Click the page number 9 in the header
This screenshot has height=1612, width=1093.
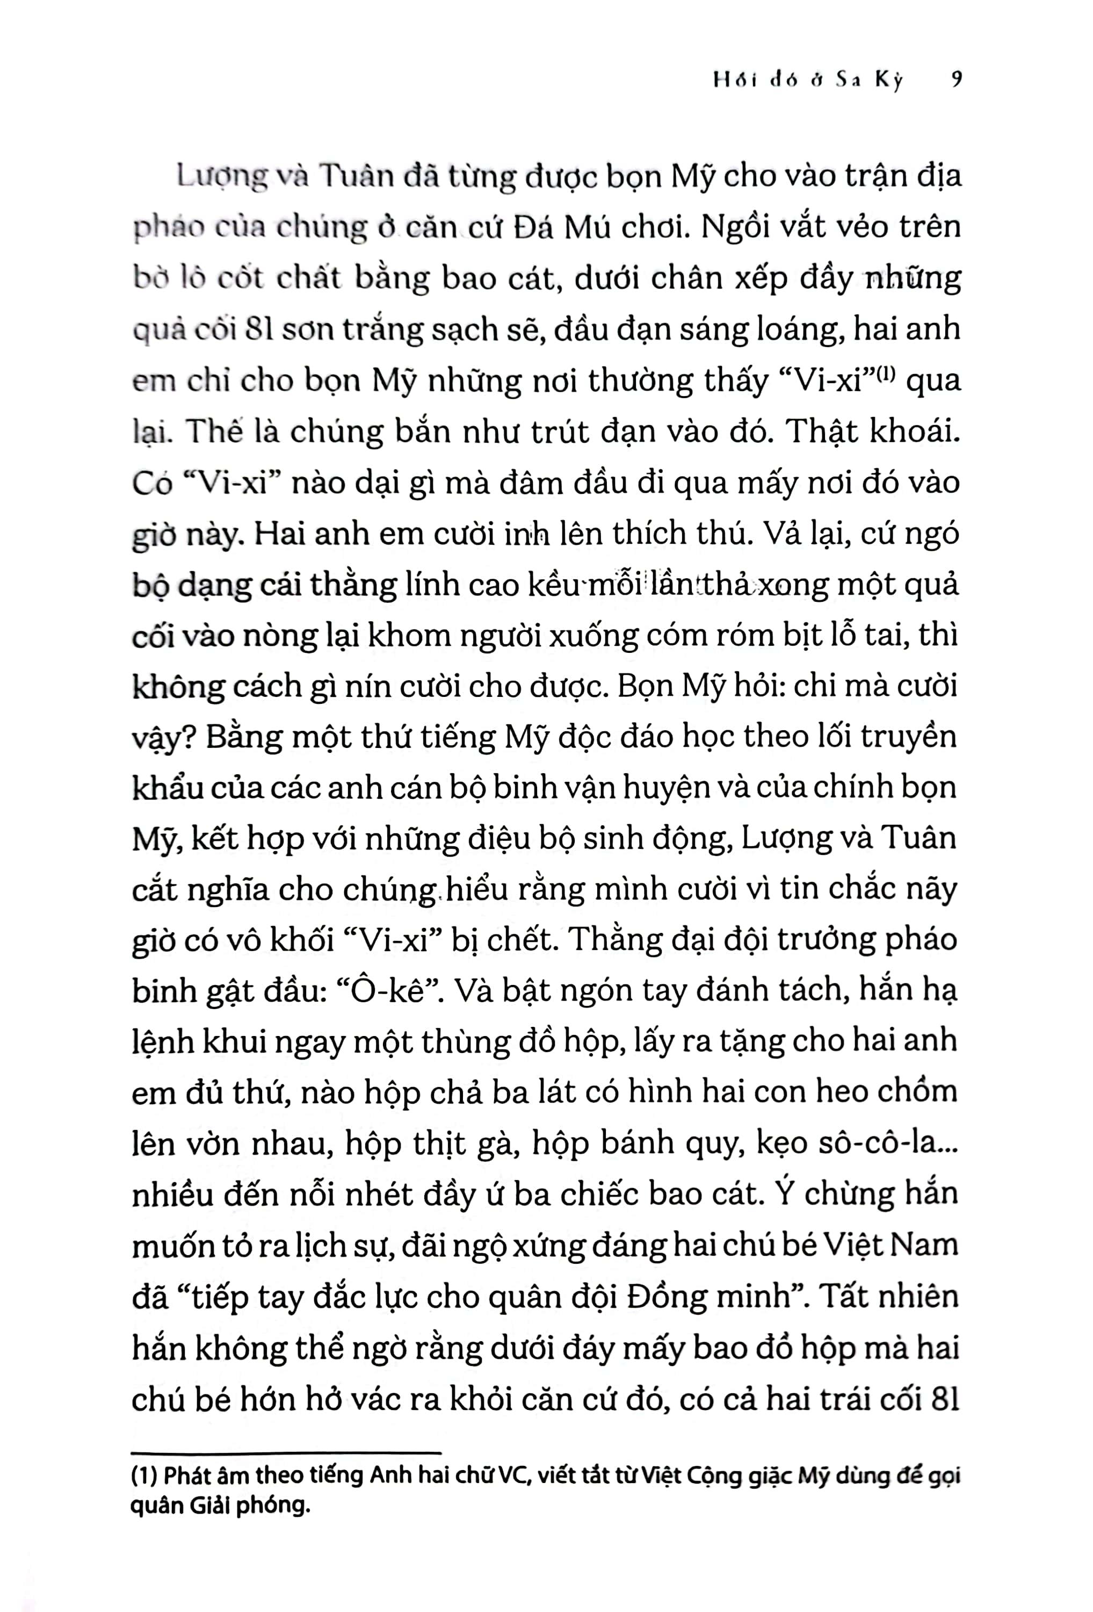pyautogui.click(x=957, y=81)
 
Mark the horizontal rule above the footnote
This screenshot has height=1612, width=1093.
pyautogui.click(x=286, y=1452)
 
